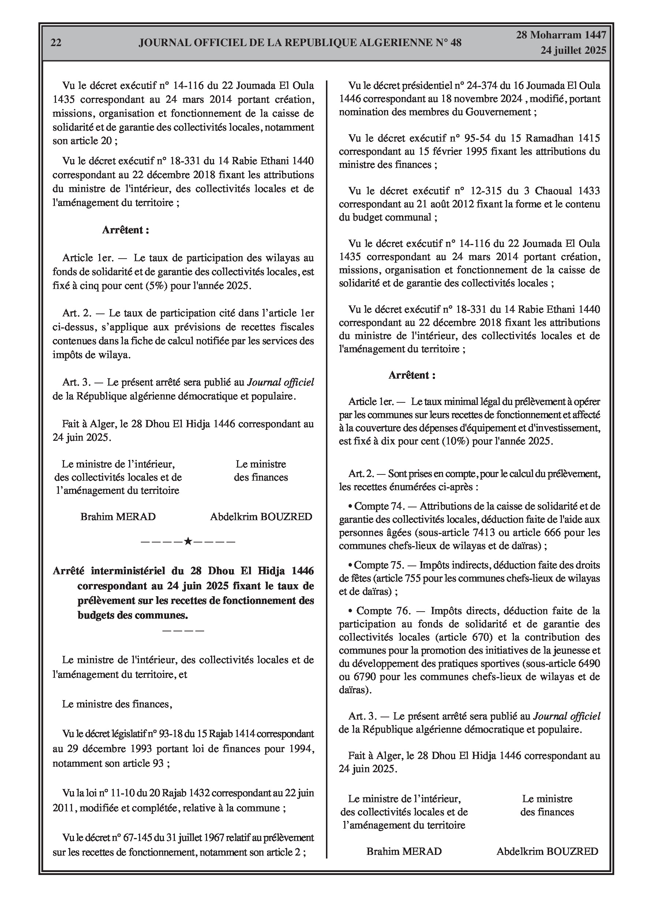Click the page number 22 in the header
(56, 43)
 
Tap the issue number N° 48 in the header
(449, 43)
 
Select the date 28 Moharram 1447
(561, 35)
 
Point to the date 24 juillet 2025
(573, 50)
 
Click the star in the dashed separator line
(188, 541)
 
